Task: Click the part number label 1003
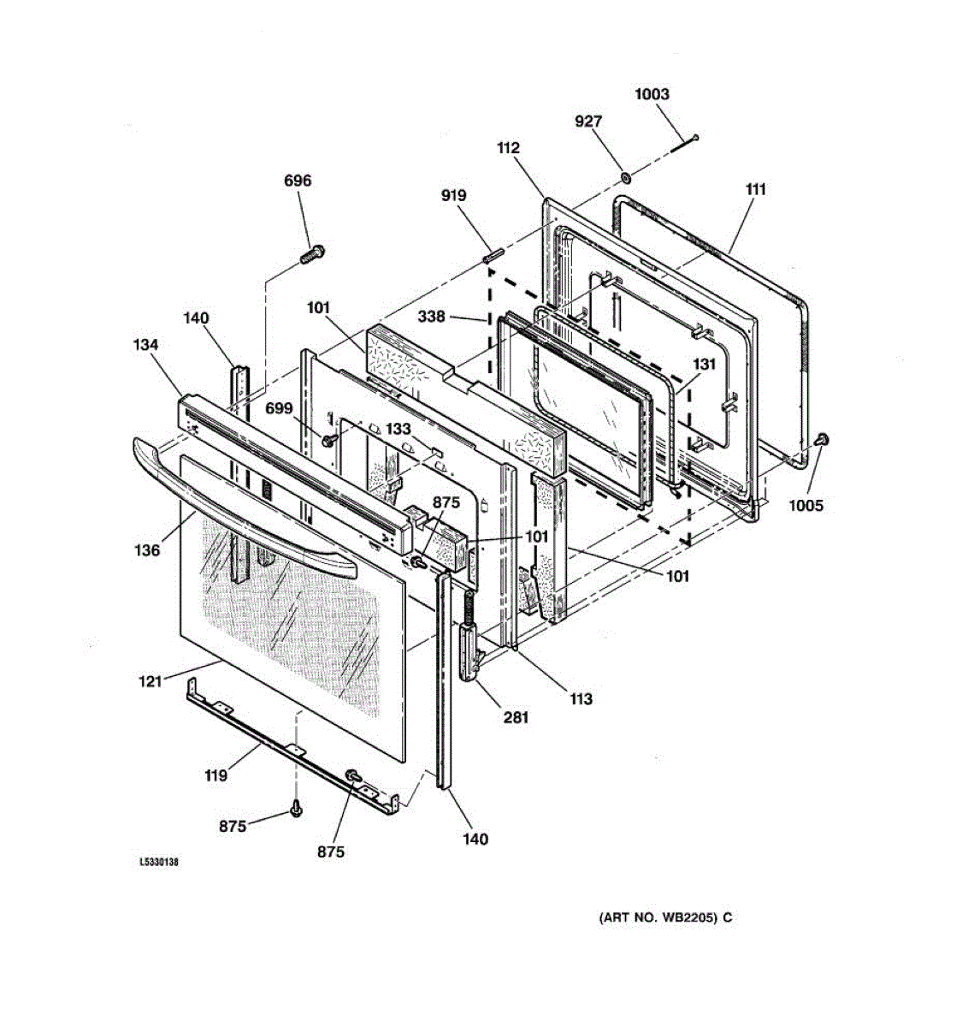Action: (x=652, y=94)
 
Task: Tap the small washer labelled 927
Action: (x=626, y=177)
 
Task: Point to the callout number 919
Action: (x=453, y=195)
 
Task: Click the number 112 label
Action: (x=508, y=148)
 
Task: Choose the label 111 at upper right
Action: (x=755, y=189)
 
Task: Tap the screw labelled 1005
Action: (x=824, y=440)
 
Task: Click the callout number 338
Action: (x=431, y=317)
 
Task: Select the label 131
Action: (x=704, y=364)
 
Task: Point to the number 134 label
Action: (x=145, y=345)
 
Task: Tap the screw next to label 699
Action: (x=328, y=439)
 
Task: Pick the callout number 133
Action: (x=398, y=429)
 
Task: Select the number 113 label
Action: (x=581, y=699)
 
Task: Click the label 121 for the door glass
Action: (x=150, y=682)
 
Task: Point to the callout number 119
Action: (x=215, y=775)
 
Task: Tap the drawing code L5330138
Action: (x=159, y=863)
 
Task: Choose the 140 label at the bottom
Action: (x=475, y=840)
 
